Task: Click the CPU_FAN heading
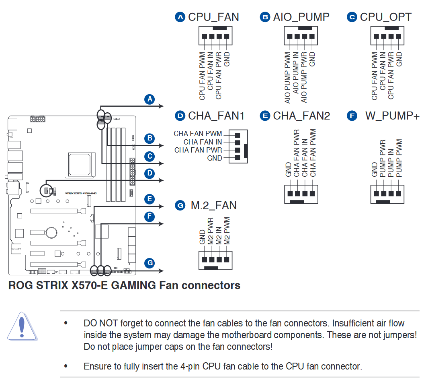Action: point(213,17)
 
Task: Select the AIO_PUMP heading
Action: point(301,17)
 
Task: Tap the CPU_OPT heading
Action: point(385,17)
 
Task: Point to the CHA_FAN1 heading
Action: point(216,116)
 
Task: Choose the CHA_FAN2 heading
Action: point(301,116)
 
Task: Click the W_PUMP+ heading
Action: point(392,116)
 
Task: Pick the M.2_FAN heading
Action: point(213,205)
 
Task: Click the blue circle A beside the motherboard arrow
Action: point(150,99)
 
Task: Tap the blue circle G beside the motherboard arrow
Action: point(150,263)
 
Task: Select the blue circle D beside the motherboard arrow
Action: point(150,173)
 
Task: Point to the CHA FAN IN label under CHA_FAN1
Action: point(203,142)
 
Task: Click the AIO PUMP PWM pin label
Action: point(287,77)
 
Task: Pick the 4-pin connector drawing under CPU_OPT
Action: point(386,36)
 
